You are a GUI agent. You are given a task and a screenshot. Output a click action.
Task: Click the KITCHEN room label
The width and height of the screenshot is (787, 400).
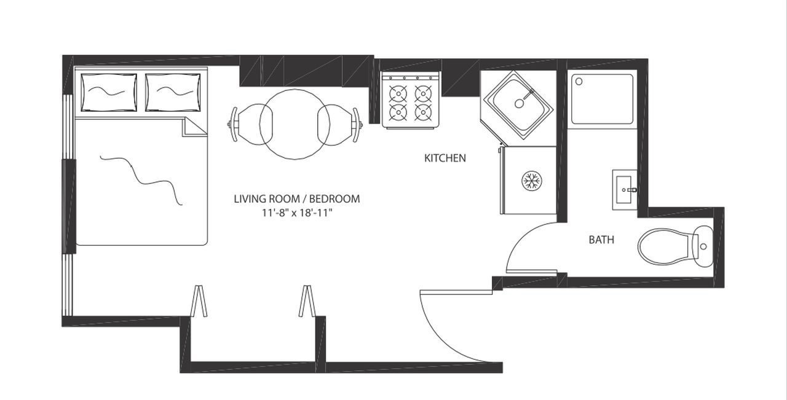click(x=445, y=158)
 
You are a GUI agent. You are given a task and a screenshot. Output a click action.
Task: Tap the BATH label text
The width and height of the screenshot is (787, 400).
click(x=601, y=240)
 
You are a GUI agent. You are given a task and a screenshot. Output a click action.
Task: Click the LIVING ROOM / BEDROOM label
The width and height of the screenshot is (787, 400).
click(x=297, y=198)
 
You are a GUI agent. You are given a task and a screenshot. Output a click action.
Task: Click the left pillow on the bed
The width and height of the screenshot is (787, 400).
click(x=109, y=93)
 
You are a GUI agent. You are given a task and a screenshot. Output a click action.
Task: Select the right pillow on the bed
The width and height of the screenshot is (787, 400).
click(x=173, y=93)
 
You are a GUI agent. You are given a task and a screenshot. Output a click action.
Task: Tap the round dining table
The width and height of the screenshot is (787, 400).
click(x=295, y=124)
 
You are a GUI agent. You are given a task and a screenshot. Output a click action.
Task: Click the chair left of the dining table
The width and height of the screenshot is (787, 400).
click(x=250, y=124)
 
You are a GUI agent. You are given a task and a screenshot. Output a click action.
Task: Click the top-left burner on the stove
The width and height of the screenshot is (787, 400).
click(x=398, y=93)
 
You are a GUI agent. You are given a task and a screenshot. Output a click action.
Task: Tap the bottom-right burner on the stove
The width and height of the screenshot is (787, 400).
click(x=424, y=112)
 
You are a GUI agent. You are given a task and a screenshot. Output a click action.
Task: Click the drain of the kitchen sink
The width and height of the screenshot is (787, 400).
click(x=520, y=104)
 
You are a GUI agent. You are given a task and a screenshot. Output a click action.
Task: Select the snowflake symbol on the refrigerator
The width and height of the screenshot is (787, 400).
click(x=532, y=181)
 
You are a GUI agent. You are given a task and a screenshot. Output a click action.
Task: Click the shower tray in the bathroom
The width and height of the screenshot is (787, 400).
click(x=602, y=99)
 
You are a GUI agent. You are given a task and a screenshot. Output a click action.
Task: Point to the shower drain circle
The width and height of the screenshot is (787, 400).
click(x=579, y=82)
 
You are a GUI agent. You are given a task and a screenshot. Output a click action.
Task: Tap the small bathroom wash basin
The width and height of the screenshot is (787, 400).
click(x=625, y=190)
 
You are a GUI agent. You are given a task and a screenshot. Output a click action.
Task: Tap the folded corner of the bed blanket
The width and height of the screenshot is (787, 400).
click(x=192, y=127)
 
